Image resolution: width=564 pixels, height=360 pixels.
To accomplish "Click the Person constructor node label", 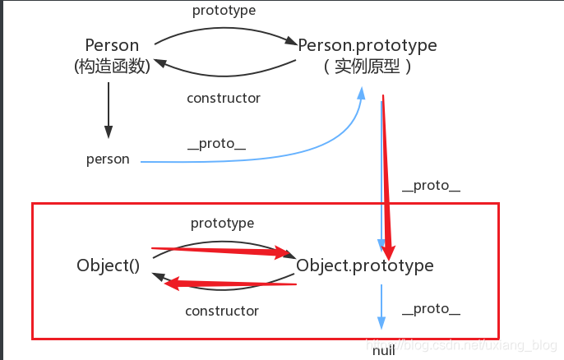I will click(x=112, y=44).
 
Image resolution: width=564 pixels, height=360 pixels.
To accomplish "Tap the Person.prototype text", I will click(x=368, y=44).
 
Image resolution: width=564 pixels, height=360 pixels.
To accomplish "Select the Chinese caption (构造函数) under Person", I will click(x=112, y=66).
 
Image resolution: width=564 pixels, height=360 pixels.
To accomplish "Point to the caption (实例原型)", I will click(x=368, y=66).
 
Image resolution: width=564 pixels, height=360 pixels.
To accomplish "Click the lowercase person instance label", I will click(x=108, y=159).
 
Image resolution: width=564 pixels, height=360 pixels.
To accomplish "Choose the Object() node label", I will click(x=108, y=265).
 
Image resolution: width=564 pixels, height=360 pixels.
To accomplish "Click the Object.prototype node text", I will click(x=364, y=265).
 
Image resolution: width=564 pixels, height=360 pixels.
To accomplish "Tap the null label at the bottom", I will click(x=383, y=351).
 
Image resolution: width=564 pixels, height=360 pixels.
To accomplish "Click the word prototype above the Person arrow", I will click(x=224, y=11).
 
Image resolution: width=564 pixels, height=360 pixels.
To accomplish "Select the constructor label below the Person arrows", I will click(x=224, y=98).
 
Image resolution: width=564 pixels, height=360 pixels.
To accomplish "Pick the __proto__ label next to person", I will click(x=217, y=145).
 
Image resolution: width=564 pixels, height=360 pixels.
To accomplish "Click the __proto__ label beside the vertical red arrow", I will click(x=431, y=186).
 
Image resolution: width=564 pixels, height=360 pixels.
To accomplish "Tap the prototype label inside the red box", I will click(x=222, y=223).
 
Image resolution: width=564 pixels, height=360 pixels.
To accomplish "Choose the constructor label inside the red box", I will click(x=222, y=311).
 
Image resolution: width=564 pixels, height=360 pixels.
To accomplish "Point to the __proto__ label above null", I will click(x=431, y=310).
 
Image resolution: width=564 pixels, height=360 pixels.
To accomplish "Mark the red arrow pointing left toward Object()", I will click(x=230, y=283).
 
